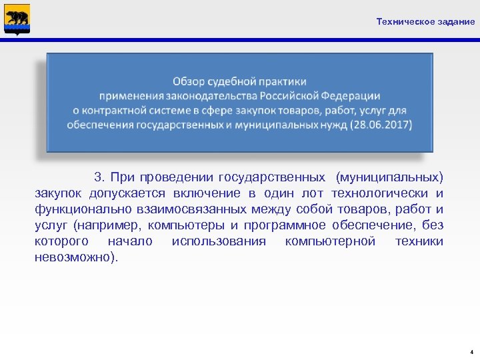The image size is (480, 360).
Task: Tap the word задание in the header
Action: (456, 22)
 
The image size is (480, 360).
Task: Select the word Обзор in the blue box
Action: (189, 81)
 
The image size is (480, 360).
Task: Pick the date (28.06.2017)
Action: (380, 125)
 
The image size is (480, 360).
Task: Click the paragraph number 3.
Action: (99, 177)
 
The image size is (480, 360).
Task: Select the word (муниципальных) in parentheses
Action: (389, 177)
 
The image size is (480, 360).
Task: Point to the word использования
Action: (219, 241)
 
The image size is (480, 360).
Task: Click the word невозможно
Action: (73, 257)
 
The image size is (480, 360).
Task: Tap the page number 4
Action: (471, 351)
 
